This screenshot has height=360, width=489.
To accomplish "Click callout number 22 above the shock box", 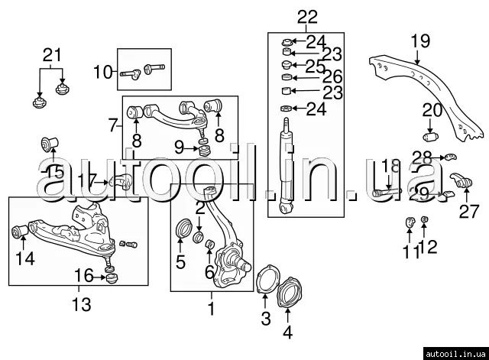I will (285, 16).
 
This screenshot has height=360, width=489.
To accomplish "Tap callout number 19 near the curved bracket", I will (420, 41).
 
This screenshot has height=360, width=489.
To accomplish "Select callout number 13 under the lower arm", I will (81, 305).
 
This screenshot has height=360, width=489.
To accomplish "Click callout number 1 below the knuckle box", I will (212, 310).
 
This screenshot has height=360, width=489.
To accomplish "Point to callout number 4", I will (287, 332).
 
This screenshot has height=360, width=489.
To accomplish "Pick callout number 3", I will (265, 319).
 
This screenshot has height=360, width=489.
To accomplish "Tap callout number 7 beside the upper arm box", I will (112, 123).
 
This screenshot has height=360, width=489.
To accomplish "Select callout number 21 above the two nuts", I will (50, 54).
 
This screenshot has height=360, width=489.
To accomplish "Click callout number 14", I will (24, 259).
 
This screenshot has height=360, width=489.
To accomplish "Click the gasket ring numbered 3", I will (264, 279).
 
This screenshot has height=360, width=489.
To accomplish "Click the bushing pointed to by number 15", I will (51, 144).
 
